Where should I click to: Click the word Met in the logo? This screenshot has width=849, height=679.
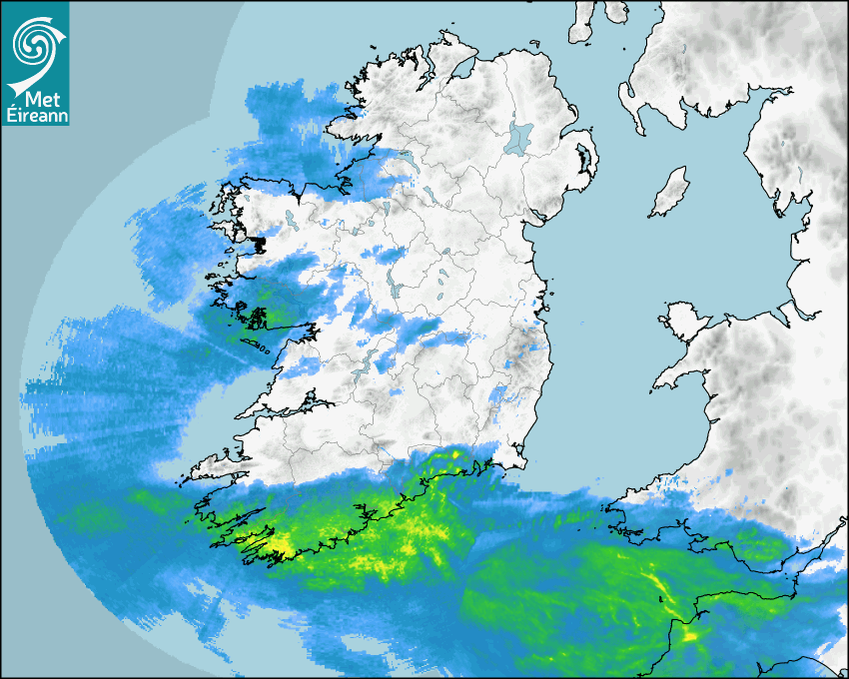pyautogui.click(x=40, y=98)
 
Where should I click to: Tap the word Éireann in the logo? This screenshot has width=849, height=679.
pyautogui.click(x=35, y=115)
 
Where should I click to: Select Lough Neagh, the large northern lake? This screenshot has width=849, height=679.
pyautogui.click(x=519, y=137)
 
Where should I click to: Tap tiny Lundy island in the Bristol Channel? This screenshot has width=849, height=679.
pyautogui.click(x=662, y=599)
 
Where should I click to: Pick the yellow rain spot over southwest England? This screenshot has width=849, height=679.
pyautogui.click(x=689, y=632)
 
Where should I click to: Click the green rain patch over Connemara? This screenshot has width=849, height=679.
pyautogui.click(x=258, y=317)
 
